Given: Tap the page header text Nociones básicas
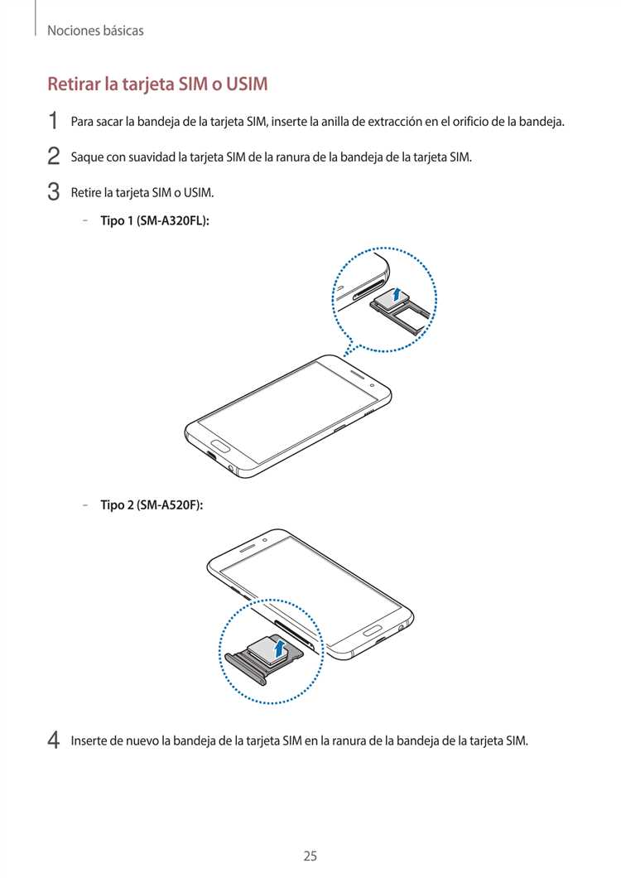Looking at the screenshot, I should click(95, 31).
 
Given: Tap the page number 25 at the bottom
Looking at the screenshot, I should click(310, 832).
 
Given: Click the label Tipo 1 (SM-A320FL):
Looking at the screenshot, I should click(154, 221).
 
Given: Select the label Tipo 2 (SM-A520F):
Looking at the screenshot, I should click(152, 504).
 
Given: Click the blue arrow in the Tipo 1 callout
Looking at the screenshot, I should click(397, 293).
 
